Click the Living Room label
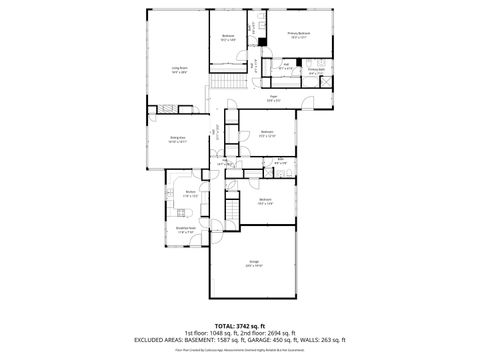(180, 70)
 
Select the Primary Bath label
(316, 71)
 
